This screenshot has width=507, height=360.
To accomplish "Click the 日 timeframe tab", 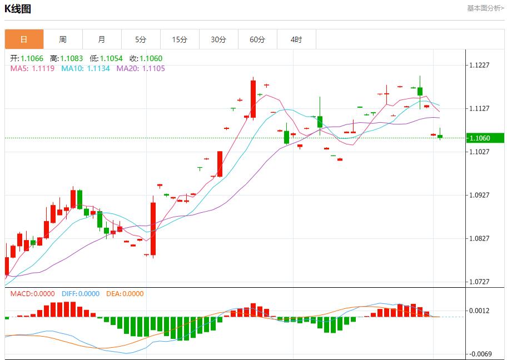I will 24,39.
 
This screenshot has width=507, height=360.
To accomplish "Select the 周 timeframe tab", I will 63,39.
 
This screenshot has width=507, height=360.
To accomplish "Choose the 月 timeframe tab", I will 102,39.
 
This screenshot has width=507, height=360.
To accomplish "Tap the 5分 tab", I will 141,39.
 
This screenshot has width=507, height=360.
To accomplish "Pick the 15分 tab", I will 180,39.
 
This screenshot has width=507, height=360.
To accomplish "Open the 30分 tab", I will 218,39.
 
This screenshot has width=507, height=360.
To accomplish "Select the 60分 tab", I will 257,39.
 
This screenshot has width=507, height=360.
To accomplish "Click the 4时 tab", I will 296,39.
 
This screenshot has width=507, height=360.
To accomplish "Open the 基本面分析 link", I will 485,8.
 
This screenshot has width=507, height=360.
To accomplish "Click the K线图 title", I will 18,9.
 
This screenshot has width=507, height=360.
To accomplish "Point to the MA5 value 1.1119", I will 43,68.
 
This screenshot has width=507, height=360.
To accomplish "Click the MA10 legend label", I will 72,68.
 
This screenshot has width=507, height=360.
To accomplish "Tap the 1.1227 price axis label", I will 479,65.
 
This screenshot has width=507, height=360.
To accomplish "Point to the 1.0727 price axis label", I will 479,282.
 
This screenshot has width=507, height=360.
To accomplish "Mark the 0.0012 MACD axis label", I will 479,311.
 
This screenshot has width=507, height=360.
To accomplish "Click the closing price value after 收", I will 151,58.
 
